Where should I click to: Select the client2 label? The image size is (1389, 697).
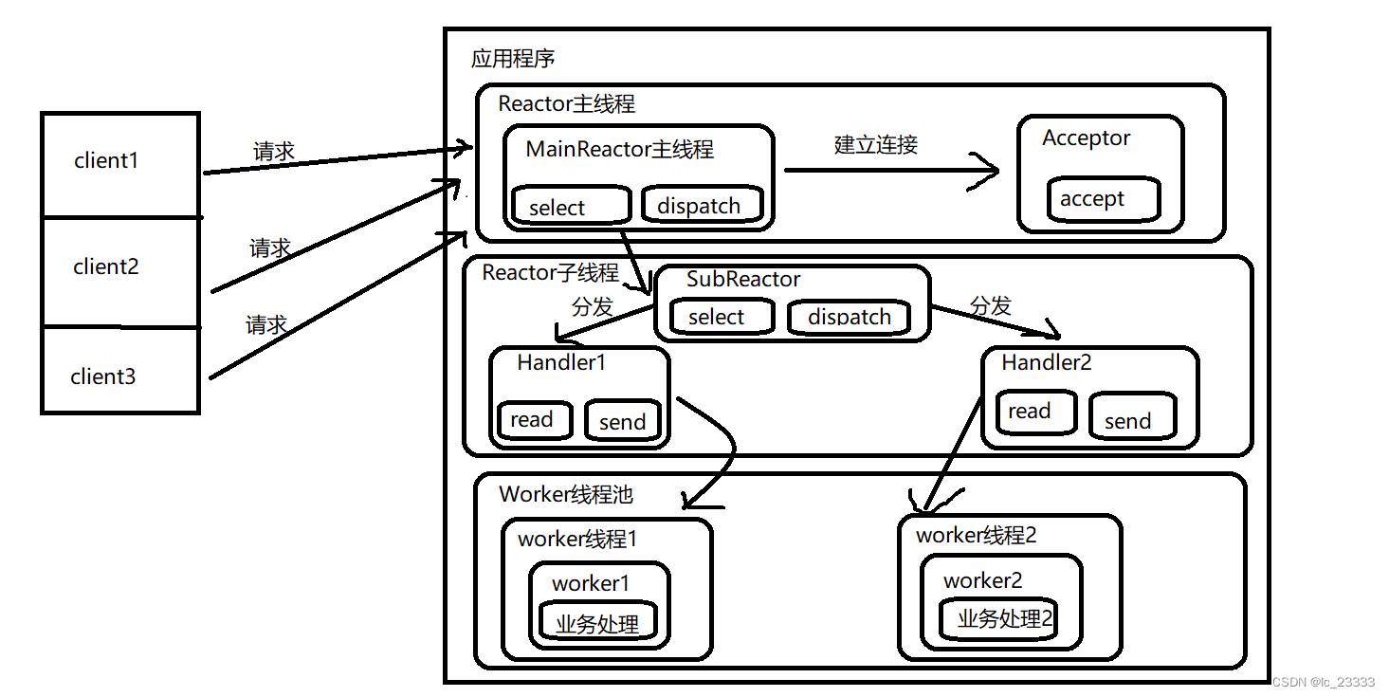[x=106, y=267]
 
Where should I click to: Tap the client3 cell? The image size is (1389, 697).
[x=120, y=372]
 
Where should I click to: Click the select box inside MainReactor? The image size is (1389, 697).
[x=571, y=206]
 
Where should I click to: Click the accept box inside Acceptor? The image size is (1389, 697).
[x=1104, y=199]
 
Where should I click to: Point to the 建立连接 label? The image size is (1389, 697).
[x=875, y=145]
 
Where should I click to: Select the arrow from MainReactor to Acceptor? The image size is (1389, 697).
[x=891, y=171]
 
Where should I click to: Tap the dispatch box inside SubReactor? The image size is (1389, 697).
[x=849, y=317]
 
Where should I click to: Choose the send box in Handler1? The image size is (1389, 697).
[x=622, y=421]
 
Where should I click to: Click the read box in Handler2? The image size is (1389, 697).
[x=1036, y=412]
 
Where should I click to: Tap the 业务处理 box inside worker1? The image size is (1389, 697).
[x=597, y=623]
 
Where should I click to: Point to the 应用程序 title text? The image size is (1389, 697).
[x=513, y=59]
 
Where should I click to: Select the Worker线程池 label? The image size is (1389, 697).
[x=565, y=494]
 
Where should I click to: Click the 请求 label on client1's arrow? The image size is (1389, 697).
[x=274, y=152]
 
